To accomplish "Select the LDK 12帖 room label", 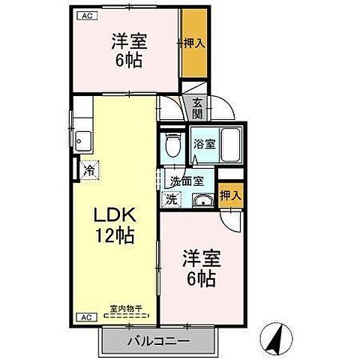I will pos(114,225).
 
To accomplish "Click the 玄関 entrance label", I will pos(197,108).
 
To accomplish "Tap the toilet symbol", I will pos(172,143).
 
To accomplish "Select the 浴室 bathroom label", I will pos(204,145).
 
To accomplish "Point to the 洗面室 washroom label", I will pos(186,180).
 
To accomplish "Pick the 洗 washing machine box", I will pos(172,199).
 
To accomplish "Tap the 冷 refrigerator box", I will pos(89,170).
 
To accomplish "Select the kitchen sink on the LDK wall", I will pos(82,140).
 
